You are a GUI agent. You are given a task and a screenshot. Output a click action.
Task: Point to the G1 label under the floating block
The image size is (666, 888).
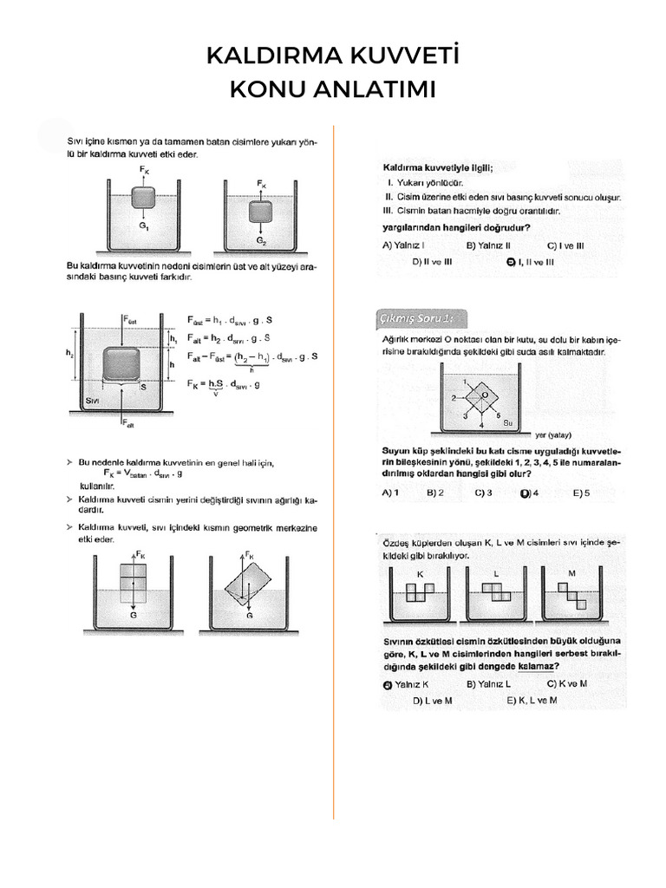tap(144, 228)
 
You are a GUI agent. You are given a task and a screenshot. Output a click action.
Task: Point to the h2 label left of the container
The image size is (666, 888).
tap(69, 354)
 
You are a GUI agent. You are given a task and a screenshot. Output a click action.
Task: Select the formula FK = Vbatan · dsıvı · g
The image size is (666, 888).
tap(144, 474)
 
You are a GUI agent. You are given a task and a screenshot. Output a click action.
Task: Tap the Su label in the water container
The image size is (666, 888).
tap(509, 422)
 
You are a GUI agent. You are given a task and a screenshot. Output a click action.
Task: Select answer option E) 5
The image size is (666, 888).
tap(581, 493)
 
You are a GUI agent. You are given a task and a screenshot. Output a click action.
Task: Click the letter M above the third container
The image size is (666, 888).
tap(571, 574)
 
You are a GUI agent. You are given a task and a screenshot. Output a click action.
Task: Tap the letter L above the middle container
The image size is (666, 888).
tap(497, 574)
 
